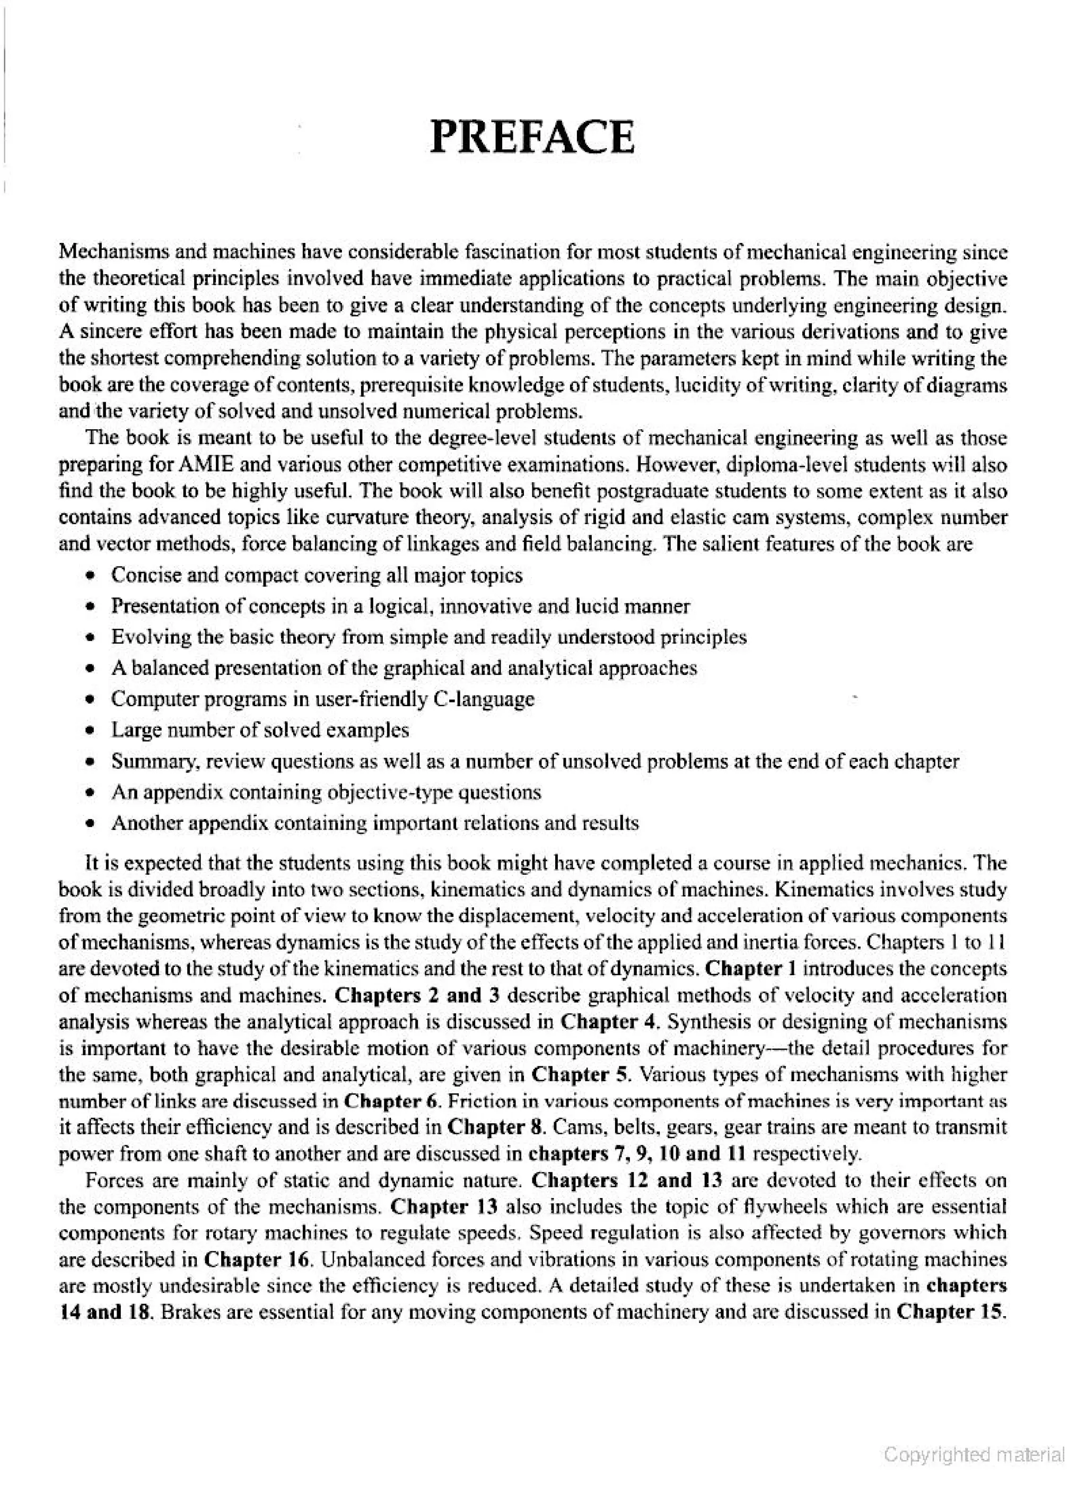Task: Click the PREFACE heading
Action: pyautogui.click(x=532, y=137)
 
